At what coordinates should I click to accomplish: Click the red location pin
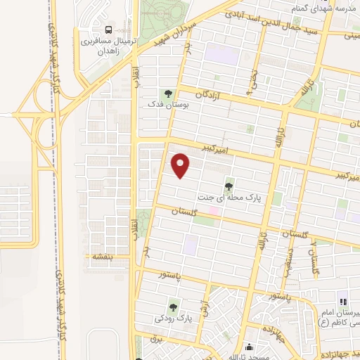click(181, 165)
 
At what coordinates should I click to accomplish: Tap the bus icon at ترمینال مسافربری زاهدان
click(109, 30)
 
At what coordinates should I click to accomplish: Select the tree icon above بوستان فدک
click(167, 94)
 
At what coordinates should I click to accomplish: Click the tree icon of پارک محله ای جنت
click(229, 186)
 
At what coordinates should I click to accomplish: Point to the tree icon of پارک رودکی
click(173, 307)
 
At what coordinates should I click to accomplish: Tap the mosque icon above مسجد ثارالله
click(249, 347)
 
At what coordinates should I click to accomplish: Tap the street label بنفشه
click(98, 257)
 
